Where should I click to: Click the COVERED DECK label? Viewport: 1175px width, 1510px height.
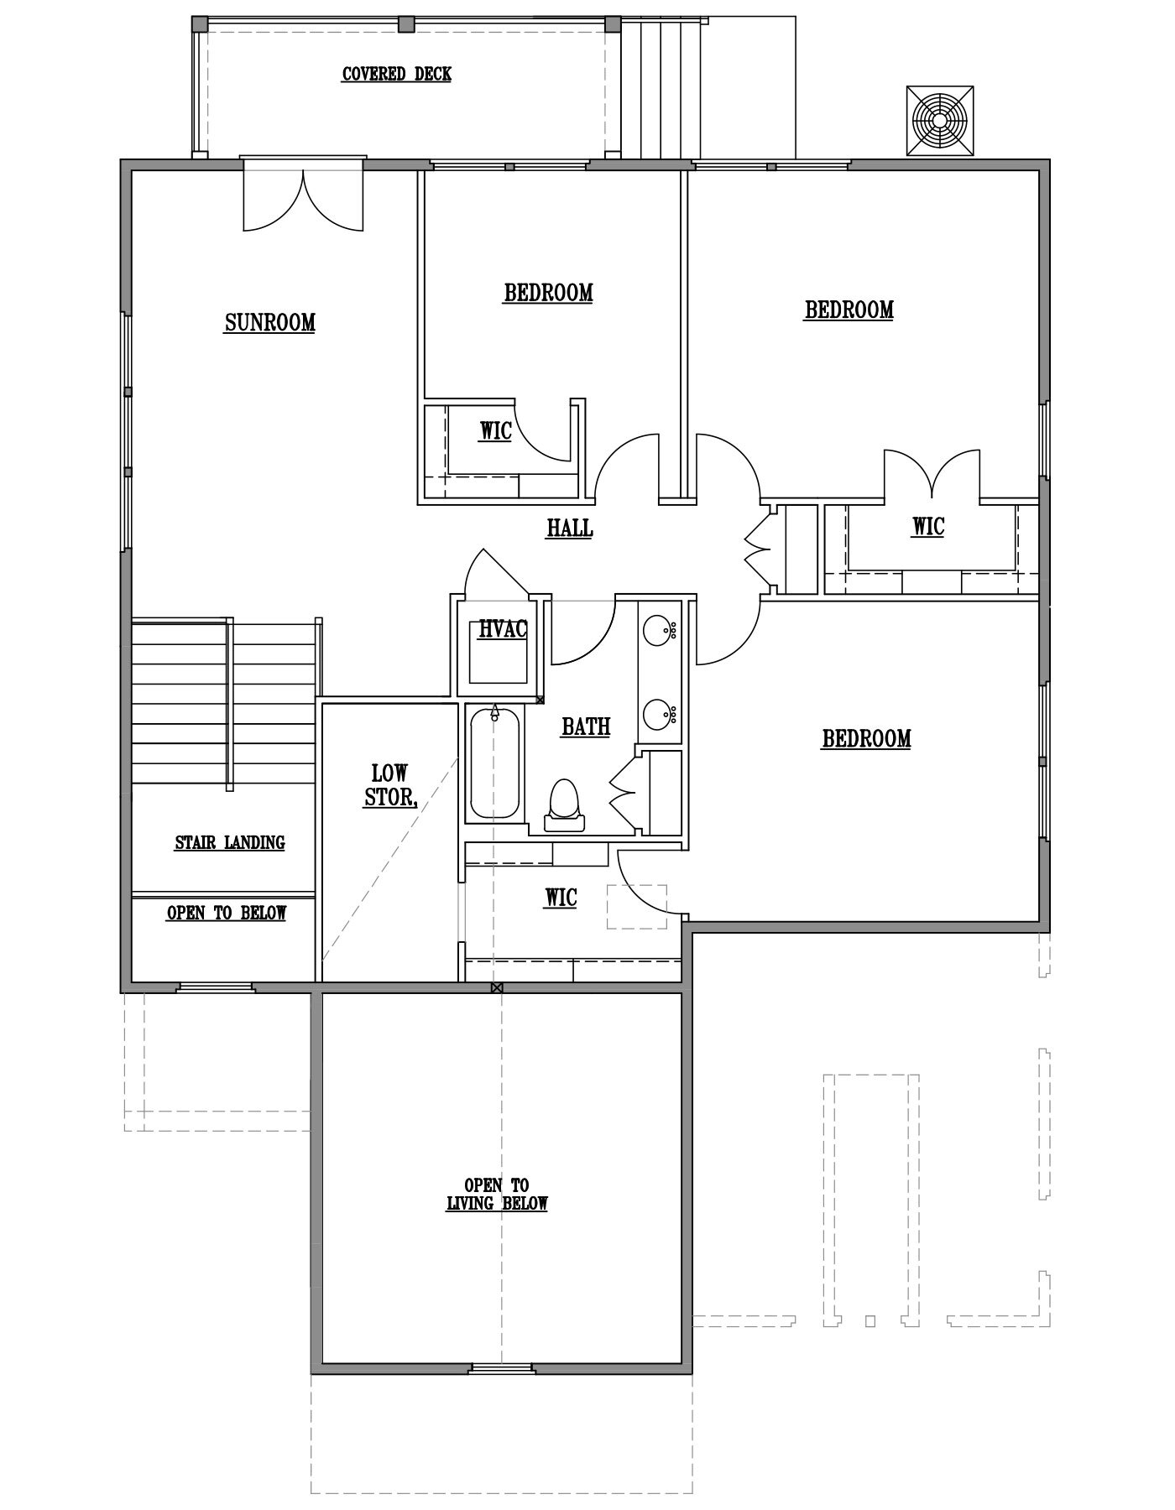397,75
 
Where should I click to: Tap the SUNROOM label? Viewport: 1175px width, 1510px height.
269,323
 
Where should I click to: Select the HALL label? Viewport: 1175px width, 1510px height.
570,528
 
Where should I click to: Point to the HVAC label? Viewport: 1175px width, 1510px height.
503,628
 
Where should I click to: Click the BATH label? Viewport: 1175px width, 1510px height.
586,726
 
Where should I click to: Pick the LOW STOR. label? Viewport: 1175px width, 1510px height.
390,785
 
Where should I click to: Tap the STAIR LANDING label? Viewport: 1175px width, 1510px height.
230,842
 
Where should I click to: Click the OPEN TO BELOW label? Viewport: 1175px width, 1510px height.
227,913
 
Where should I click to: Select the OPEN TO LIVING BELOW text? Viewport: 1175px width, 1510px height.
497,1195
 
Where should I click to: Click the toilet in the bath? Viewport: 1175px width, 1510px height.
563,804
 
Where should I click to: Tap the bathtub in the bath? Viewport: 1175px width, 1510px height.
494,763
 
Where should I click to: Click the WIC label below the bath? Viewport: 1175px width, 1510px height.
561,898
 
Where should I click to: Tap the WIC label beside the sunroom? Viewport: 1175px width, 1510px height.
495,431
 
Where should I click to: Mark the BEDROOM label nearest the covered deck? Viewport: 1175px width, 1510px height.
548,293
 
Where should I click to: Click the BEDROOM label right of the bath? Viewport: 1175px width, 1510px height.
866,738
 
